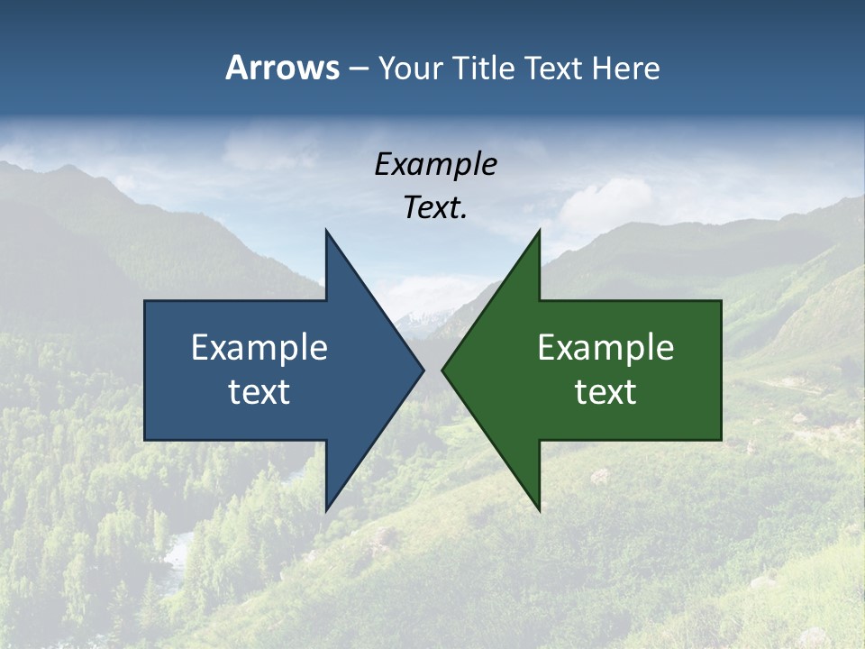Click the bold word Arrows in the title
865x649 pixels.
[x=282, y=68]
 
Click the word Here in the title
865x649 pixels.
[x=625, y=69]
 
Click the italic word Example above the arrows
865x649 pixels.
[x=435, y=164]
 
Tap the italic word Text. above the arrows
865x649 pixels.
[x=435, y=208]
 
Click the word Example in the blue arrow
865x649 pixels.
[x=259, y=347]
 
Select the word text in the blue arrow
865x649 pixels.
[x=259, y=391]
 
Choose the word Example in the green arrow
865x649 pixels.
[x=605, y=347]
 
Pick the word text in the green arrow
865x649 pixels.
[x=605, y=391]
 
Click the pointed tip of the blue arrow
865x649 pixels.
[x=423, y=370]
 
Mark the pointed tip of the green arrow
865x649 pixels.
[x=442, y=370]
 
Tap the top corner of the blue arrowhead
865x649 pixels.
[x=326, y=231]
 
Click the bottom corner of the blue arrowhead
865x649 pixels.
[x=326, y=510]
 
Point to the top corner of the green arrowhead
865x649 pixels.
[x=539, y=231]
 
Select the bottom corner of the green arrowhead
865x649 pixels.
[x=539, y=510]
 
